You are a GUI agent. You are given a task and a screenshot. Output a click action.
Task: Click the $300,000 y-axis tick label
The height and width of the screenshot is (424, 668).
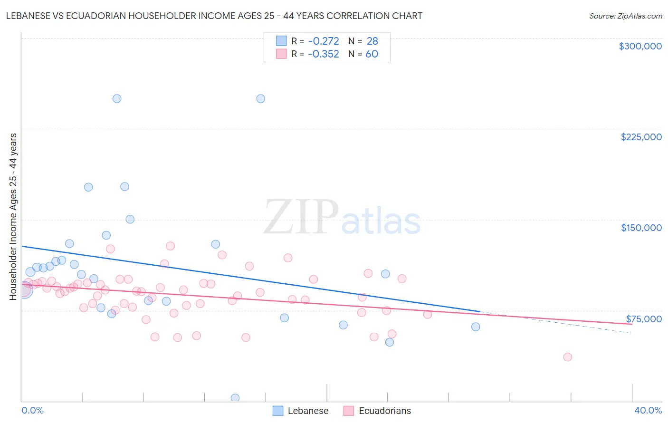point(640,46)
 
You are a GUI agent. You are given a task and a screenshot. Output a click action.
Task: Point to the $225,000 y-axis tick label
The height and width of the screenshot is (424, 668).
point(641,137)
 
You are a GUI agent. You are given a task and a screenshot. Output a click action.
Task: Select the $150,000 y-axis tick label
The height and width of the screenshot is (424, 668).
point(641,228)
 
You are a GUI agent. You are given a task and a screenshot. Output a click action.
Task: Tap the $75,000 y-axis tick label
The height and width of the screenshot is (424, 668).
point(643,319)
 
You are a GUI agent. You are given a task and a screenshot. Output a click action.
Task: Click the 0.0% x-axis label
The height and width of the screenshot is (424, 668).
point(33,410)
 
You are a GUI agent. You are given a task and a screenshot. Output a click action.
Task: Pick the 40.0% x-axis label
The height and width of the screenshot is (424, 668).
point(648,410)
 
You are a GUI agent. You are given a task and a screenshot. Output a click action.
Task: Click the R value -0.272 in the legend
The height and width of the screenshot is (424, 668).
point(323,41)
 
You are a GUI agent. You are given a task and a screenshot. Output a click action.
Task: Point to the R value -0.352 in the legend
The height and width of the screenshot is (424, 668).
point(323,54)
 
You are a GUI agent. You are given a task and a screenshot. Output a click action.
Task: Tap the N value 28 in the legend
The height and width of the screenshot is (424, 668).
point(372,41)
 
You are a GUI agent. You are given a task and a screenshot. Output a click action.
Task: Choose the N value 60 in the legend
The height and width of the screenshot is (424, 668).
point(372,54)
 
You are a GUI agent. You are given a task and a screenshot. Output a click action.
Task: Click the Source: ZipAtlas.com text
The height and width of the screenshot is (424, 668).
point(625,16)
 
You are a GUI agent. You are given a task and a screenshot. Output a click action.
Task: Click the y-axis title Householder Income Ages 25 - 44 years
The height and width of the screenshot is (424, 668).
point(13,216)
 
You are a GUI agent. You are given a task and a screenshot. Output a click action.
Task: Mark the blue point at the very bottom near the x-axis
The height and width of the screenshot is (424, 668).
point(235,398)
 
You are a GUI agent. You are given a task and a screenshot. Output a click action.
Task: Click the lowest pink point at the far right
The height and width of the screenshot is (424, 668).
point(567,357)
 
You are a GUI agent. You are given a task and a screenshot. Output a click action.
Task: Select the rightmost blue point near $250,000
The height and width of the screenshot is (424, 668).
point(260,99)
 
